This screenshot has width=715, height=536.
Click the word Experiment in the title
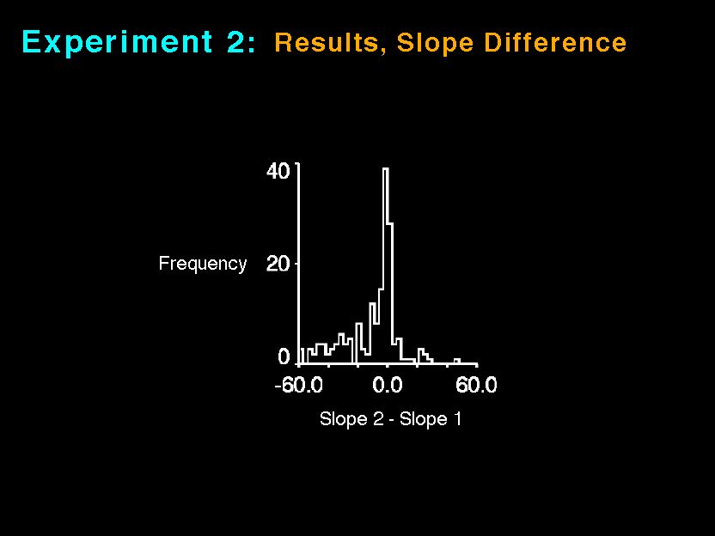[x=117, y=42]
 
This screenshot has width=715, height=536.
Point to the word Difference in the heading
[x=555, y=42]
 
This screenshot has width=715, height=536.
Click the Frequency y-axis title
[x=203, y=264]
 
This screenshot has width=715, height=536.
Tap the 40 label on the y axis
[x=278, y=172]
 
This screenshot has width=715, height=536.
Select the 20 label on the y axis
[x=278, y=264]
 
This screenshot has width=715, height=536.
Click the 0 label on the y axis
[x=284, y=356]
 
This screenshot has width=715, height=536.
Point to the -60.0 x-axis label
[x=298, y=385]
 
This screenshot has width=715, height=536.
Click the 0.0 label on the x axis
[x=387, y=385]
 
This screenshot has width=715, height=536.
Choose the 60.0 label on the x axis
[x=476, y=385]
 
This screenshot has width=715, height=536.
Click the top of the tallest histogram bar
[x=386, y=169]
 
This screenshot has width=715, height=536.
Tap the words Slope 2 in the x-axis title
[x=351, y=419]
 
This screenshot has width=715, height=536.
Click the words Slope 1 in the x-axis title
[x=431, y=419]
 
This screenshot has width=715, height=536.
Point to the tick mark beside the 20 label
[x=296, y=264]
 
